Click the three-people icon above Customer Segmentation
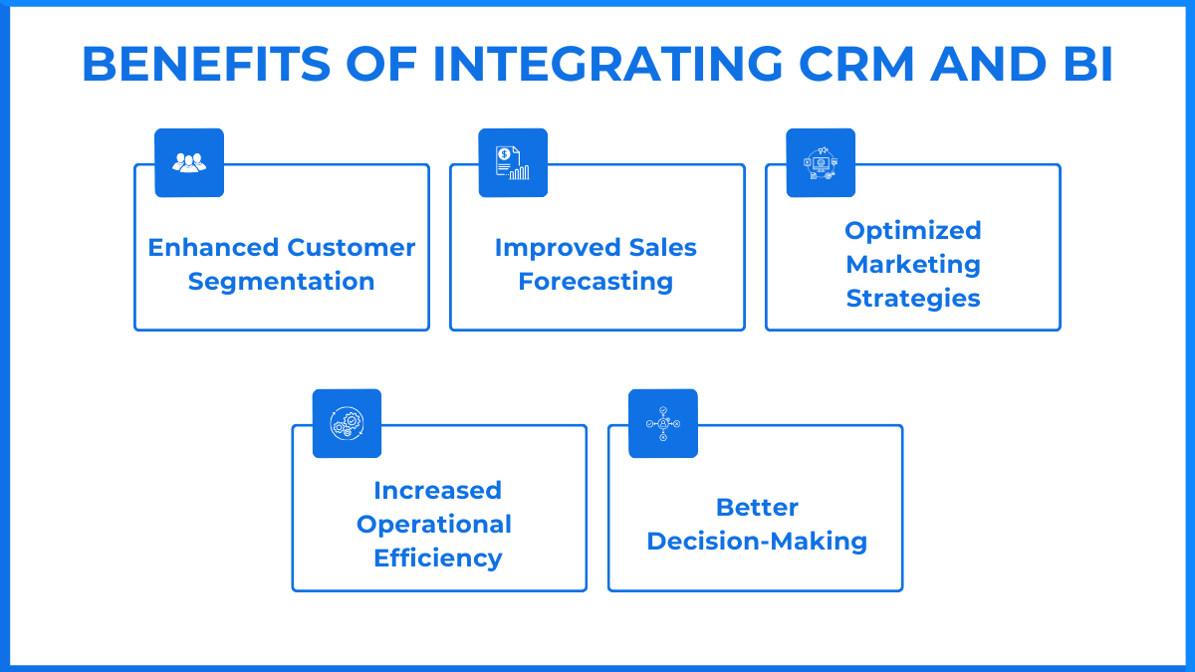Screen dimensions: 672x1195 (x=189, y=162)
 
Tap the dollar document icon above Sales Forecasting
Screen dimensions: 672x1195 (x=513, y=162)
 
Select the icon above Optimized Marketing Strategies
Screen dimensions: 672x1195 (x=821, y=162)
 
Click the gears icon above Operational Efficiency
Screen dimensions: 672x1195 (x=347, y=423)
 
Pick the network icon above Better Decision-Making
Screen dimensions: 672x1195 (x=663, y=423)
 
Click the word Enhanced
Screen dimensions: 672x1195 (x=214, y=248)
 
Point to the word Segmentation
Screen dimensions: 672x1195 (x=282, y=282)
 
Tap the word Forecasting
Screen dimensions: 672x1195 (x=596, y=282)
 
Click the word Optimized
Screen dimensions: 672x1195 (x=913, y=231)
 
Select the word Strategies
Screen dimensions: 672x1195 (x=913, y=299)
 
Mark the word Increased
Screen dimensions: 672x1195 (x=437, y=491)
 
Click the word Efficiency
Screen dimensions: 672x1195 (x=437, y=559)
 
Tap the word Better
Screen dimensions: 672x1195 (x=757, y=508)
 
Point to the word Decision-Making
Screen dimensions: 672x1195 (x=757, y=542)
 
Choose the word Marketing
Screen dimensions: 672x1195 (x=913, y=265)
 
